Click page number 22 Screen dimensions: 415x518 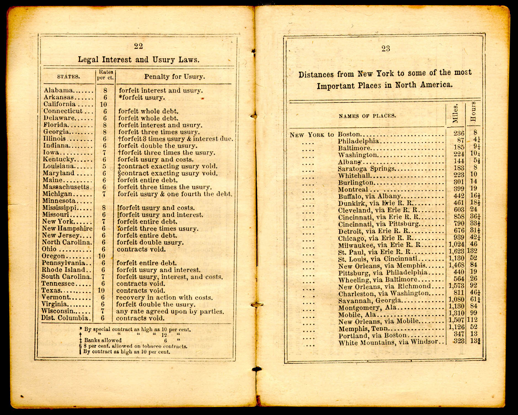click(x=138, y=46)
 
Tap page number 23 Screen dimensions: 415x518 click(x=386, y=49)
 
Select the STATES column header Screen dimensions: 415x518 click(x=68, y=77)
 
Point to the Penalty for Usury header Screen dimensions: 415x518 click(x=174, y=77)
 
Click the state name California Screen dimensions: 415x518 click(x=60, y=104)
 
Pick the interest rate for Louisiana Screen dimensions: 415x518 click(x=104, y=167)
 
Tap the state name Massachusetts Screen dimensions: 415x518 click(x=66, y=187)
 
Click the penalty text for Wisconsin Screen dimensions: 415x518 click(x=170, y=312)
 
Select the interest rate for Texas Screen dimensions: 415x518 click(x=101, y=291)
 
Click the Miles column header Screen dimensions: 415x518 click(x=455, y=113)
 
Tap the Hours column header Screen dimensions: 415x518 click(x=473, y=112)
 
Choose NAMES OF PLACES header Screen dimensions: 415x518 click(x=367, y=116)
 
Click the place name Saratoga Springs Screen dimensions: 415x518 click(x=366, y=169)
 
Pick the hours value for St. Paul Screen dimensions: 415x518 click(x=472, y=251)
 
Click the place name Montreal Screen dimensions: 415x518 click(x=353, y=190)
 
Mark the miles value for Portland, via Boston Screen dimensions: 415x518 click(x=459, y=334)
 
